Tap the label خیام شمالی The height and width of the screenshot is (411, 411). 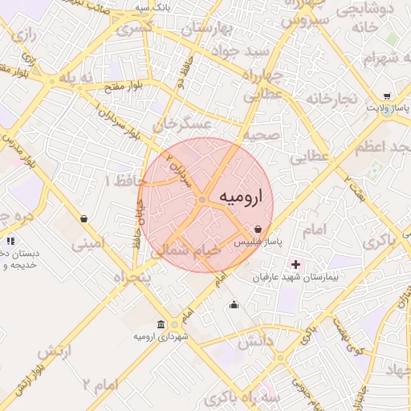click(188, 250)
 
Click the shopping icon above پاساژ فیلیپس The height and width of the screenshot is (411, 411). click(257, 229)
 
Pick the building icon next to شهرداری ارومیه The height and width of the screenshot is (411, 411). click(161, 324)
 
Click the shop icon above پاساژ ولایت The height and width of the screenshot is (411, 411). click(387, 94)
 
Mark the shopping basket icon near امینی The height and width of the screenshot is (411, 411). click(84, 218)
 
